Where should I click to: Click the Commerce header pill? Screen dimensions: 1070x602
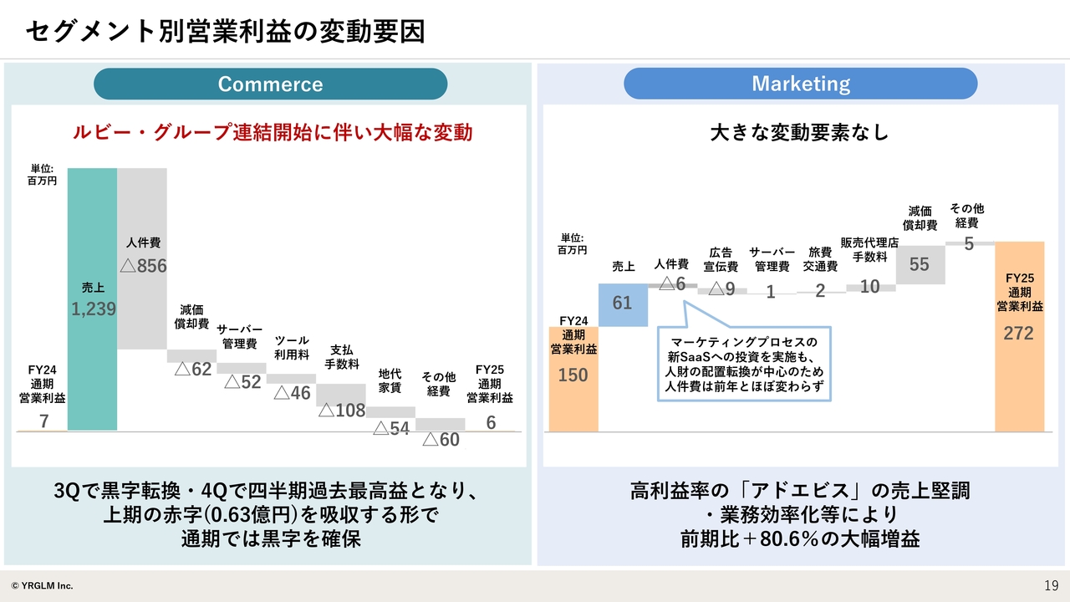270,84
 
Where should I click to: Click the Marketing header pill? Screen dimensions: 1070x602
801,84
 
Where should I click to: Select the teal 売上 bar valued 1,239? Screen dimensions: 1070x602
92,299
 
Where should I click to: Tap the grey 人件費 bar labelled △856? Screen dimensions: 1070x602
142,258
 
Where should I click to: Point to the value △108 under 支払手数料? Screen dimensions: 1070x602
342,411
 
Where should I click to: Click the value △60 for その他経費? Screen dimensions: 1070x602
441,440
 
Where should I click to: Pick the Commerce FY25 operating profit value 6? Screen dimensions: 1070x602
491,422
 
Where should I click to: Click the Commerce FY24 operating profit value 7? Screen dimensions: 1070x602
44,421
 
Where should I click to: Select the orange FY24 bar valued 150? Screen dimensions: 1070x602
573,380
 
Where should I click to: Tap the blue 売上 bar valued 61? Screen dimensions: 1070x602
623,305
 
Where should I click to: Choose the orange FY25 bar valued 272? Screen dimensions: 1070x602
1019,337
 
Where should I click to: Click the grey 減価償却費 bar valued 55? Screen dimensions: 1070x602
920,265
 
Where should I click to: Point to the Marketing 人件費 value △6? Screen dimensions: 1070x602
672,283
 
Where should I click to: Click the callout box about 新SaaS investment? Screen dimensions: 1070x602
744,364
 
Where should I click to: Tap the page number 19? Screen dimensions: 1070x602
1051,586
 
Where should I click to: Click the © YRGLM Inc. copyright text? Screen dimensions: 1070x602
42,586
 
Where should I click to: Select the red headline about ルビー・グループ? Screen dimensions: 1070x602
273,132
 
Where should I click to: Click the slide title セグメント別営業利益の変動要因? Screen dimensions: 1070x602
225,32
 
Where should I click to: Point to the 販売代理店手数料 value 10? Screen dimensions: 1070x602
870,287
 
